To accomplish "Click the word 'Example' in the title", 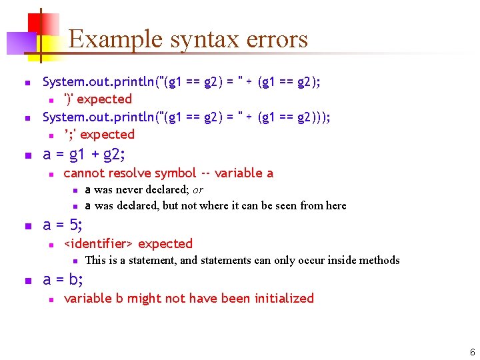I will [117, 39].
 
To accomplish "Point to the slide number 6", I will [472, 352].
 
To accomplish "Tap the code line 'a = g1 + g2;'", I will [83, 155].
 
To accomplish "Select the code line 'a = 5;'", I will [63, 225].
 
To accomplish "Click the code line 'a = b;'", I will [63, 280].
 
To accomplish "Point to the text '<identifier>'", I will [99, 244].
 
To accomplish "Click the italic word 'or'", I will [198, 190].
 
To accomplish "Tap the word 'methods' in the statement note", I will [379, 261].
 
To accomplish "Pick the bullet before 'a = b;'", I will [27, 281].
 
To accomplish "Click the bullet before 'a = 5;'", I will [27, 226].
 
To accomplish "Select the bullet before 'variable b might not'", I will [51, 299].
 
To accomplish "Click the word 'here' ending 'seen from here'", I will [335, 206].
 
